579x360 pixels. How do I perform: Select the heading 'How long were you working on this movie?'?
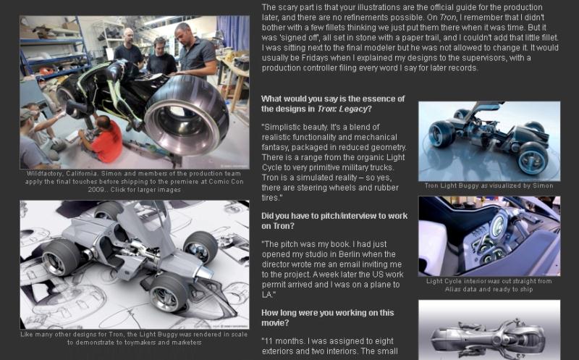[328, 318]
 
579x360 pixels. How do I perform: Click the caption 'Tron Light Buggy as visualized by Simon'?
[489, 185]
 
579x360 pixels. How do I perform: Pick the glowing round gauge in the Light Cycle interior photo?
[498, 225]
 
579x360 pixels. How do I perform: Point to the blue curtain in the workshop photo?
[232, 33]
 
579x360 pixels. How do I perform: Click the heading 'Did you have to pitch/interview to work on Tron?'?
[334, 221]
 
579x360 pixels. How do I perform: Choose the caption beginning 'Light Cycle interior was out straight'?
[489, 285]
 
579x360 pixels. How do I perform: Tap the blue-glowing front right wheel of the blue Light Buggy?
[533, 158]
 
